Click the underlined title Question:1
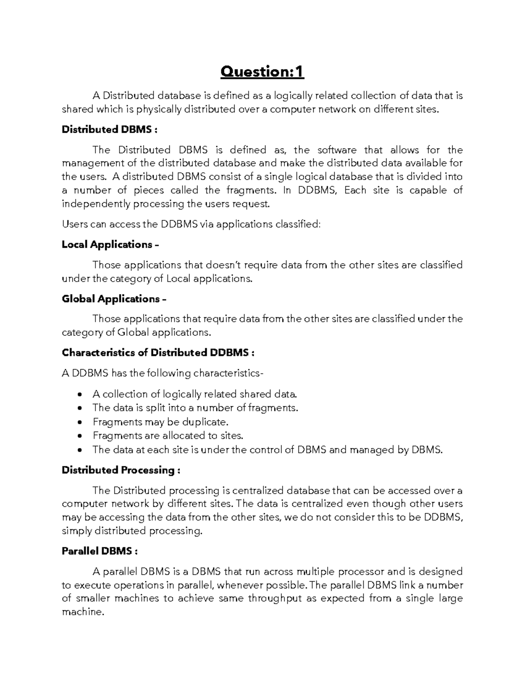pyautogui.click(x=262, y=72)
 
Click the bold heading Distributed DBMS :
pyautogui.click(x=107, y=130)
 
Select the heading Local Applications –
pyautogui.click(x=110, y=244)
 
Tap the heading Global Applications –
pyautogui.click(x=114, y=299)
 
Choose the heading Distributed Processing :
pyautogui.click(x=121, y=470)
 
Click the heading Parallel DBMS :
pyautogui.click(x=100, y=551)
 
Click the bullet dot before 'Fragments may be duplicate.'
pyautogui.click(x=79, y=423)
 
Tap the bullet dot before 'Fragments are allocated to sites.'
pyautogui.click(x=79, y=436)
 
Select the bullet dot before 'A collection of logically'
pyautogui.click(x=79, y=395)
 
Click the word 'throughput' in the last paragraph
pyautogui.click(x=275, y=599)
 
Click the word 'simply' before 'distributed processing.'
pyautogui.click(x=77, y=531)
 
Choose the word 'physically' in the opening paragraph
pyautogui.click(x=158, y=109)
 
